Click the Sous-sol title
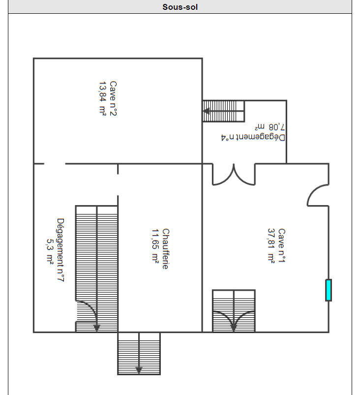(180, 7)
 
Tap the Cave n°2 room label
(113, 98)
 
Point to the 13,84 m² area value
(102, 98)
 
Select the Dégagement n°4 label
(253, 138)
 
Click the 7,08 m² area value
(270, 127)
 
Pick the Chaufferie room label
(166, 249)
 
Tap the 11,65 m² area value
(155, 246)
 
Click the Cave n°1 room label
(281, 245)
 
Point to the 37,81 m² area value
(271, 245)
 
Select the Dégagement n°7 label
(60, 250)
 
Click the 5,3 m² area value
(50, 251)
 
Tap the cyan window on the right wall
(328, 290)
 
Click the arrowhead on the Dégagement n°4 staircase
(207, 111)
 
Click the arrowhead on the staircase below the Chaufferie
(139, 370)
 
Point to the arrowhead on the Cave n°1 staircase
(234, 328)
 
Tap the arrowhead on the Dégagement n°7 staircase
(97, 328)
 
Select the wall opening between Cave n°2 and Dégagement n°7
(55, 164)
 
